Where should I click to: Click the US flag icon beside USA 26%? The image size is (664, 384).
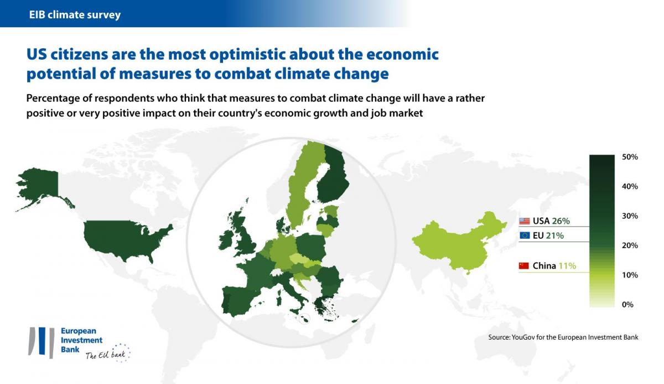tap(524, 221)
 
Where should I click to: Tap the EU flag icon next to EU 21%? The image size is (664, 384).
tap(524, 235)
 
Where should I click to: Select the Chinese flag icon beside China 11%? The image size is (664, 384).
tap(524, 266)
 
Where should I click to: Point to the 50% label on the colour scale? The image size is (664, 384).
tap(630, 157)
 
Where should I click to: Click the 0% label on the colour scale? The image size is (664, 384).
tap(627, 304)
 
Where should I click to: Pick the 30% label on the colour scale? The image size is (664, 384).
tap(630, 216)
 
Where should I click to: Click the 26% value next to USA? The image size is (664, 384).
tap(561, 221)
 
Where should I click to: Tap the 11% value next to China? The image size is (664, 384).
tap(567, 266)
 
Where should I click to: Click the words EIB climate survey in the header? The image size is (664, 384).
tap(75, 15)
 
